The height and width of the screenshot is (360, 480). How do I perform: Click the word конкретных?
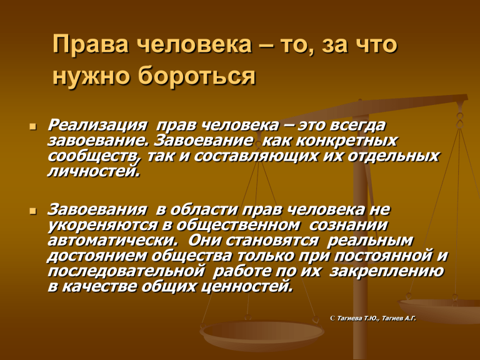346,141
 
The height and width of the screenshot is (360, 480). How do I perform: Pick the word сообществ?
92,156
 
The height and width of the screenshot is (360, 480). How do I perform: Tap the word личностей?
93,171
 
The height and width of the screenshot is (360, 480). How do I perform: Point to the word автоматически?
112,241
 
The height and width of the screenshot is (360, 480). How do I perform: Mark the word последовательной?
126,271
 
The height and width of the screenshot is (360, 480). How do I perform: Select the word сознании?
348,225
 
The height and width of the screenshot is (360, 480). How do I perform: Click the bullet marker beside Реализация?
33,126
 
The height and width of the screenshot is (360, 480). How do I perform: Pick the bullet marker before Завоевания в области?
33,211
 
